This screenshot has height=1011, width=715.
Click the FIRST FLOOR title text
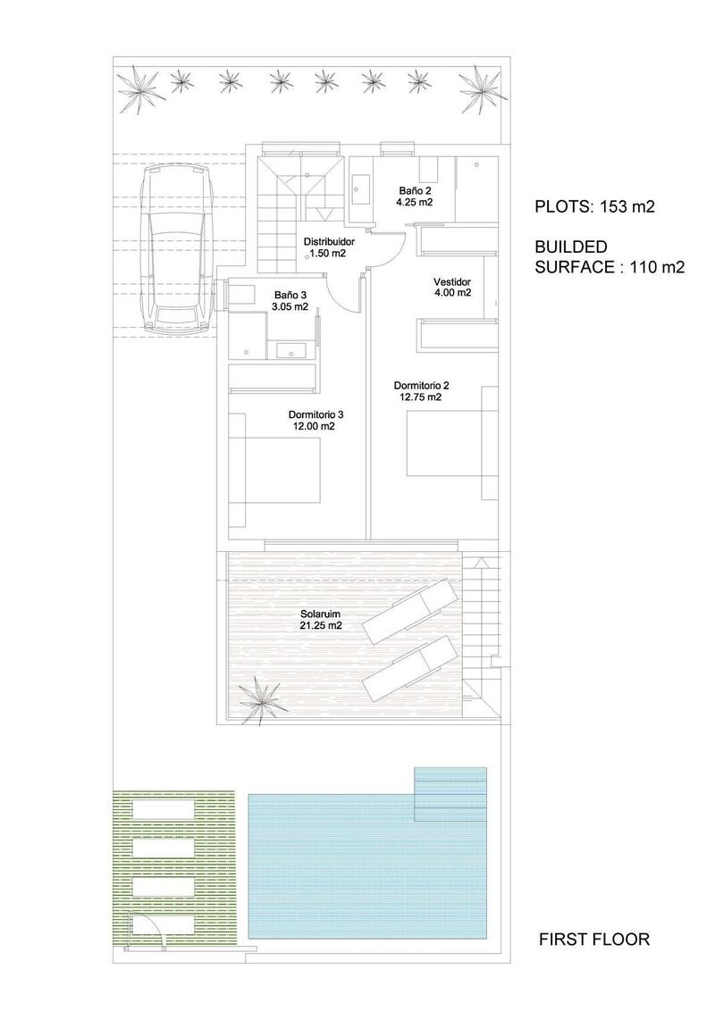coord(594,939)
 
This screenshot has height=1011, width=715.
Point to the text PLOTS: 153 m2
coord(594,206)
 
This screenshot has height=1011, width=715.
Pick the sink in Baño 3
coord(290,349)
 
